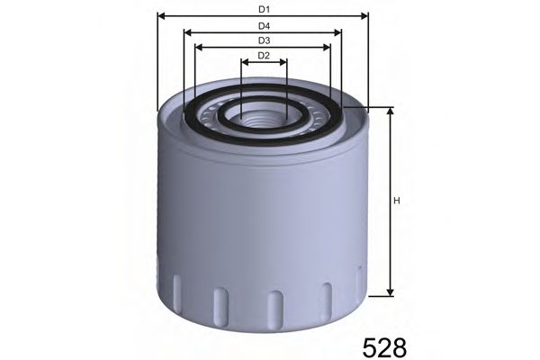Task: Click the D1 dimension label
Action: [263, 8]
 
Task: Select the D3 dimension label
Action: [263, 40]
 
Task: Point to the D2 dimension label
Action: [263, 56]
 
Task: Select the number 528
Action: [384, 346]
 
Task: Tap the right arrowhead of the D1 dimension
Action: [365, 15]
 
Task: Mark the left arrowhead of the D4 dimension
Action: [187, 31]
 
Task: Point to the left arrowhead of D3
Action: [198, 48]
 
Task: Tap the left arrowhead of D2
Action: [245, 63]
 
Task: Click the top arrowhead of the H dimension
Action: [391, 111]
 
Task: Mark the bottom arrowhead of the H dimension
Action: [391, 291]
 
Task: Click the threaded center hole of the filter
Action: [263, 112]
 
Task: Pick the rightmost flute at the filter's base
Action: [359, 284]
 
